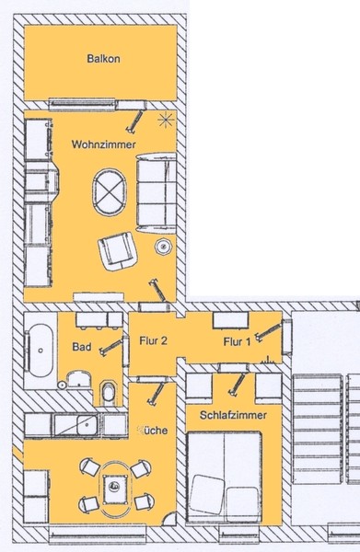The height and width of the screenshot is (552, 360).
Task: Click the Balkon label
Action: (x=103, y=59)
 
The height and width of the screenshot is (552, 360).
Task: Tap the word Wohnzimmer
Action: (x=103, y=144)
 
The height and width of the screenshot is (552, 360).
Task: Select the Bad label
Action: (x=82, y=347)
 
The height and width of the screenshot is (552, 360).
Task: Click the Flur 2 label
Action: (x=153, y=340)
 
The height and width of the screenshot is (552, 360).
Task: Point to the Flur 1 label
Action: (x=237, y=341)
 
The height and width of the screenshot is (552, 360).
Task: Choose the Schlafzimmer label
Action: (x=233, y=415)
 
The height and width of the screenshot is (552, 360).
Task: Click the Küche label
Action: (x=152, y=431)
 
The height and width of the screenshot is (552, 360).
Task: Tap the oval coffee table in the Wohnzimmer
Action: (x=110, y=192)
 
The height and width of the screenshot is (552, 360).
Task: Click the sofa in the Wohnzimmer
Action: (x=157, y=193)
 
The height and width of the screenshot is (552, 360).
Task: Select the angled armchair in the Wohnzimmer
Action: (x=118, y=251)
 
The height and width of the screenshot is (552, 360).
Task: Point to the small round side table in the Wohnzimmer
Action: (x=163, y=247)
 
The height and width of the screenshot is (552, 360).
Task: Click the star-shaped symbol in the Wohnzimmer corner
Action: (x=166, y=121)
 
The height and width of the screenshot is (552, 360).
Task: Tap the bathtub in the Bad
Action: (x=40, y=351)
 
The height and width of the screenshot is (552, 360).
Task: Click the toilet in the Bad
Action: (x=109, y=393)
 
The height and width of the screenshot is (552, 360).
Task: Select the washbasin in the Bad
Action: (x=79, y=379)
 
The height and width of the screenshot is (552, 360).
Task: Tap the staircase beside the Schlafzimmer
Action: (x=326, y=429)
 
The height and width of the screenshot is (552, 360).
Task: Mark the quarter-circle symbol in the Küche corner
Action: (x=169, y=519)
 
